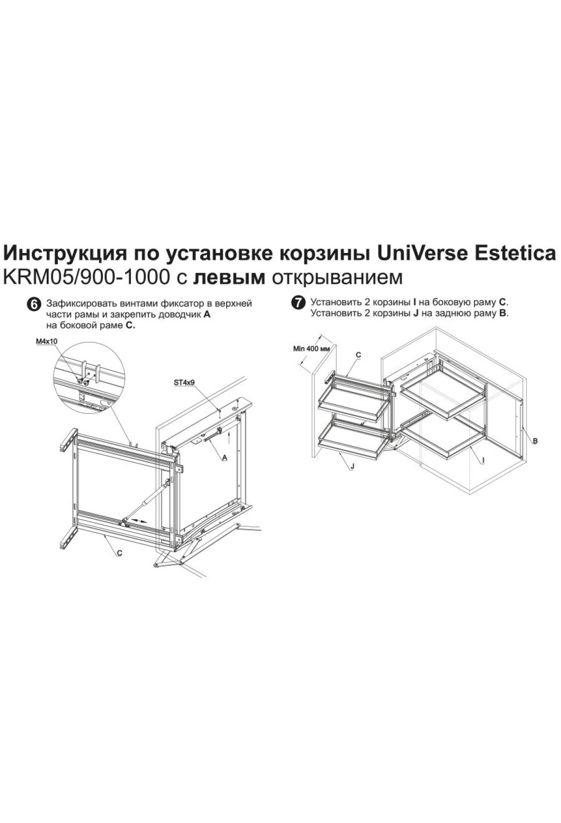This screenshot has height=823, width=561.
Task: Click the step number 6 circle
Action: (x=34, y=304)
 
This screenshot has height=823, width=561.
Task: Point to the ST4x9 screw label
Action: (x=184, y=382)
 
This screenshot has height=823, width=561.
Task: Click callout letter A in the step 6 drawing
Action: (x=224, y=458)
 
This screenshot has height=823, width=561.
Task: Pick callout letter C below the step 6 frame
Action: (x=120, y=553)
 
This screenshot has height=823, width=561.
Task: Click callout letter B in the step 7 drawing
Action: (x=535, y=440)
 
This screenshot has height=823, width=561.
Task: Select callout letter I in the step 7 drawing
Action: (x=483, y=461)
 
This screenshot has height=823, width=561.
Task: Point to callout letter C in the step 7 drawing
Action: (x=359, y=355)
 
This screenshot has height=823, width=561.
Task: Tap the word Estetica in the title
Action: (x=516, y=254)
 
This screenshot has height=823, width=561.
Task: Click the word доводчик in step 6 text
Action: (x=182, y=315)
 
